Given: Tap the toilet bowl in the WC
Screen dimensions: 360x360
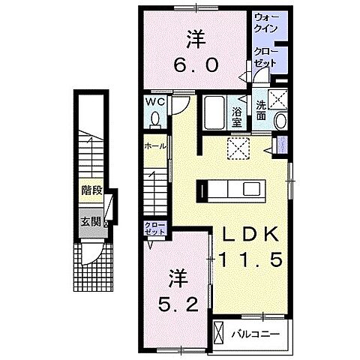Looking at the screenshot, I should (x=154, y=118).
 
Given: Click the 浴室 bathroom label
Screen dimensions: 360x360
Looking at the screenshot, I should (x=236, y=115).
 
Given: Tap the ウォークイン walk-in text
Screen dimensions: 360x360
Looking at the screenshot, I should (x=266, y=22).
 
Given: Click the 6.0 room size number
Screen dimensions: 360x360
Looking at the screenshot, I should (x=198, y=64).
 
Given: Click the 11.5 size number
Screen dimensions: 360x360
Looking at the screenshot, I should (x=250, y=259).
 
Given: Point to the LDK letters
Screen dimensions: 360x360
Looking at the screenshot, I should (x=250, y=234).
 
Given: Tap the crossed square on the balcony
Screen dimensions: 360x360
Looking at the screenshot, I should (x=220, y=331).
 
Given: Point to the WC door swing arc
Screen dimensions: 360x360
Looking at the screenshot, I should (x=177, y=105).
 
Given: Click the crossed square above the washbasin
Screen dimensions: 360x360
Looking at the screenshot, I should (x=278, y=98).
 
